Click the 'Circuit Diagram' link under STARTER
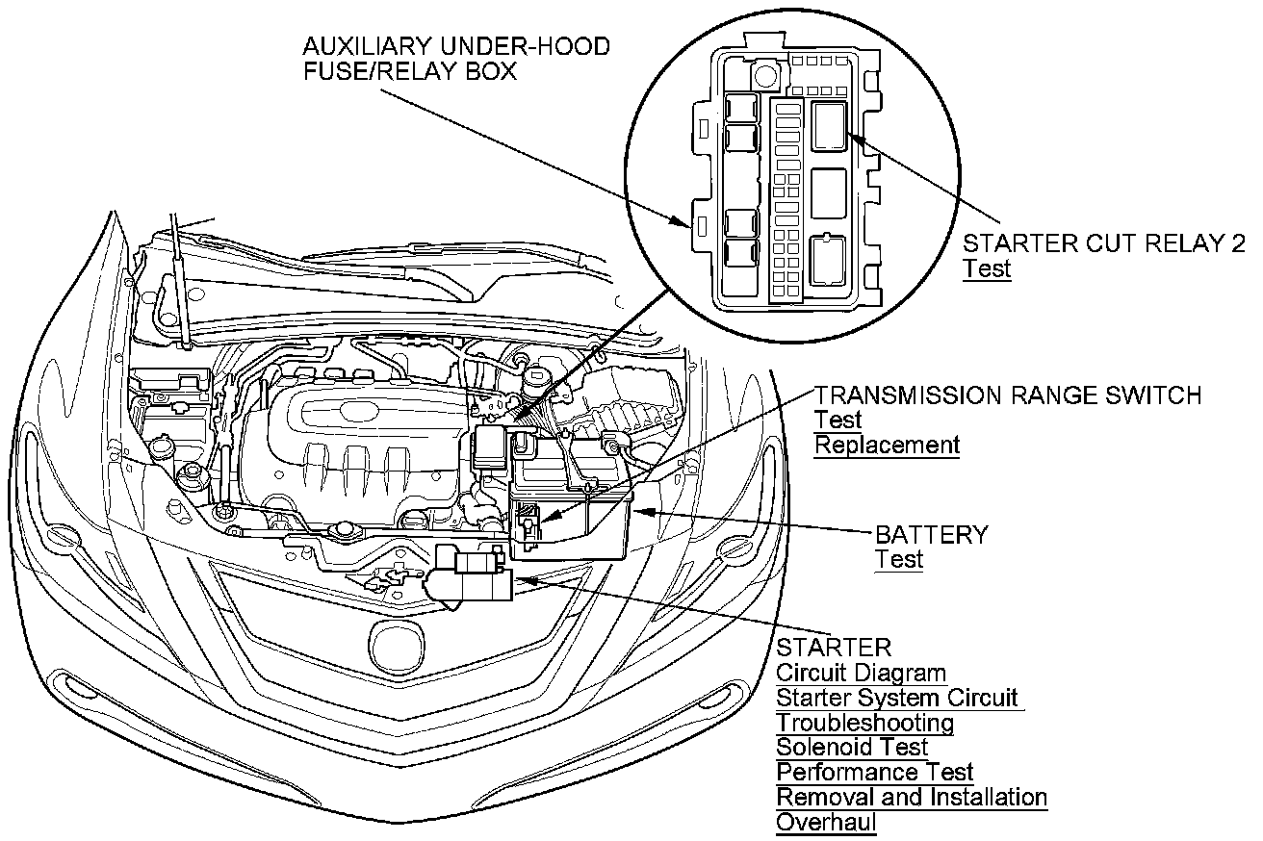click(861, 674)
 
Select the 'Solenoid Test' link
click(852, 747)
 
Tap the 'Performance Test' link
click(874, 772)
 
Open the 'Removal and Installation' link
click(911, 797)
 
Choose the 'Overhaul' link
click(826, 823)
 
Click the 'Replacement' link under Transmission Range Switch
click(887, 445)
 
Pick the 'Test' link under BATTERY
click(898, 559)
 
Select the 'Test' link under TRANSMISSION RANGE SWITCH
click(838, 420)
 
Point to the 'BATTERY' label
click(931, 534)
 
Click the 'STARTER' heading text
click(834, 648)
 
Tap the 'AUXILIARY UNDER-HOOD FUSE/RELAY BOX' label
click(455, 59)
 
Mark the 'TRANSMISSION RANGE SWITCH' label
click(1008, 395)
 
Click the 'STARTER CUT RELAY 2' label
click(1103, 242)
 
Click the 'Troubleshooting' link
click(864, 722)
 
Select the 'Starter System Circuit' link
click(896, 698)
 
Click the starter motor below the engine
click(474, 576)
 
